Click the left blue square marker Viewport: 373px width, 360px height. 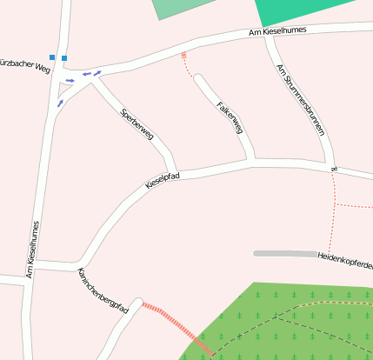pos(53,58)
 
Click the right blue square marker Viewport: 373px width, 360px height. pos(64,58)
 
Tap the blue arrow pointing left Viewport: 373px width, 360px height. pos(86,75)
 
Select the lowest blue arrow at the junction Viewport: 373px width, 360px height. pos(60,103)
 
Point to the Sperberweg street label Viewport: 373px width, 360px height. pos(137,124)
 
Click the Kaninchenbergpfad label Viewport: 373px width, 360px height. pos(103,291)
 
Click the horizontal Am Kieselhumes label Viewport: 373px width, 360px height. pos(278,32)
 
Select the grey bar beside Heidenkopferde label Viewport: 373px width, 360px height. pos(284,253)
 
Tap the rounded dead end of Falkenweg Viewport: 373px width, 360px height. pos(200,80)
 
